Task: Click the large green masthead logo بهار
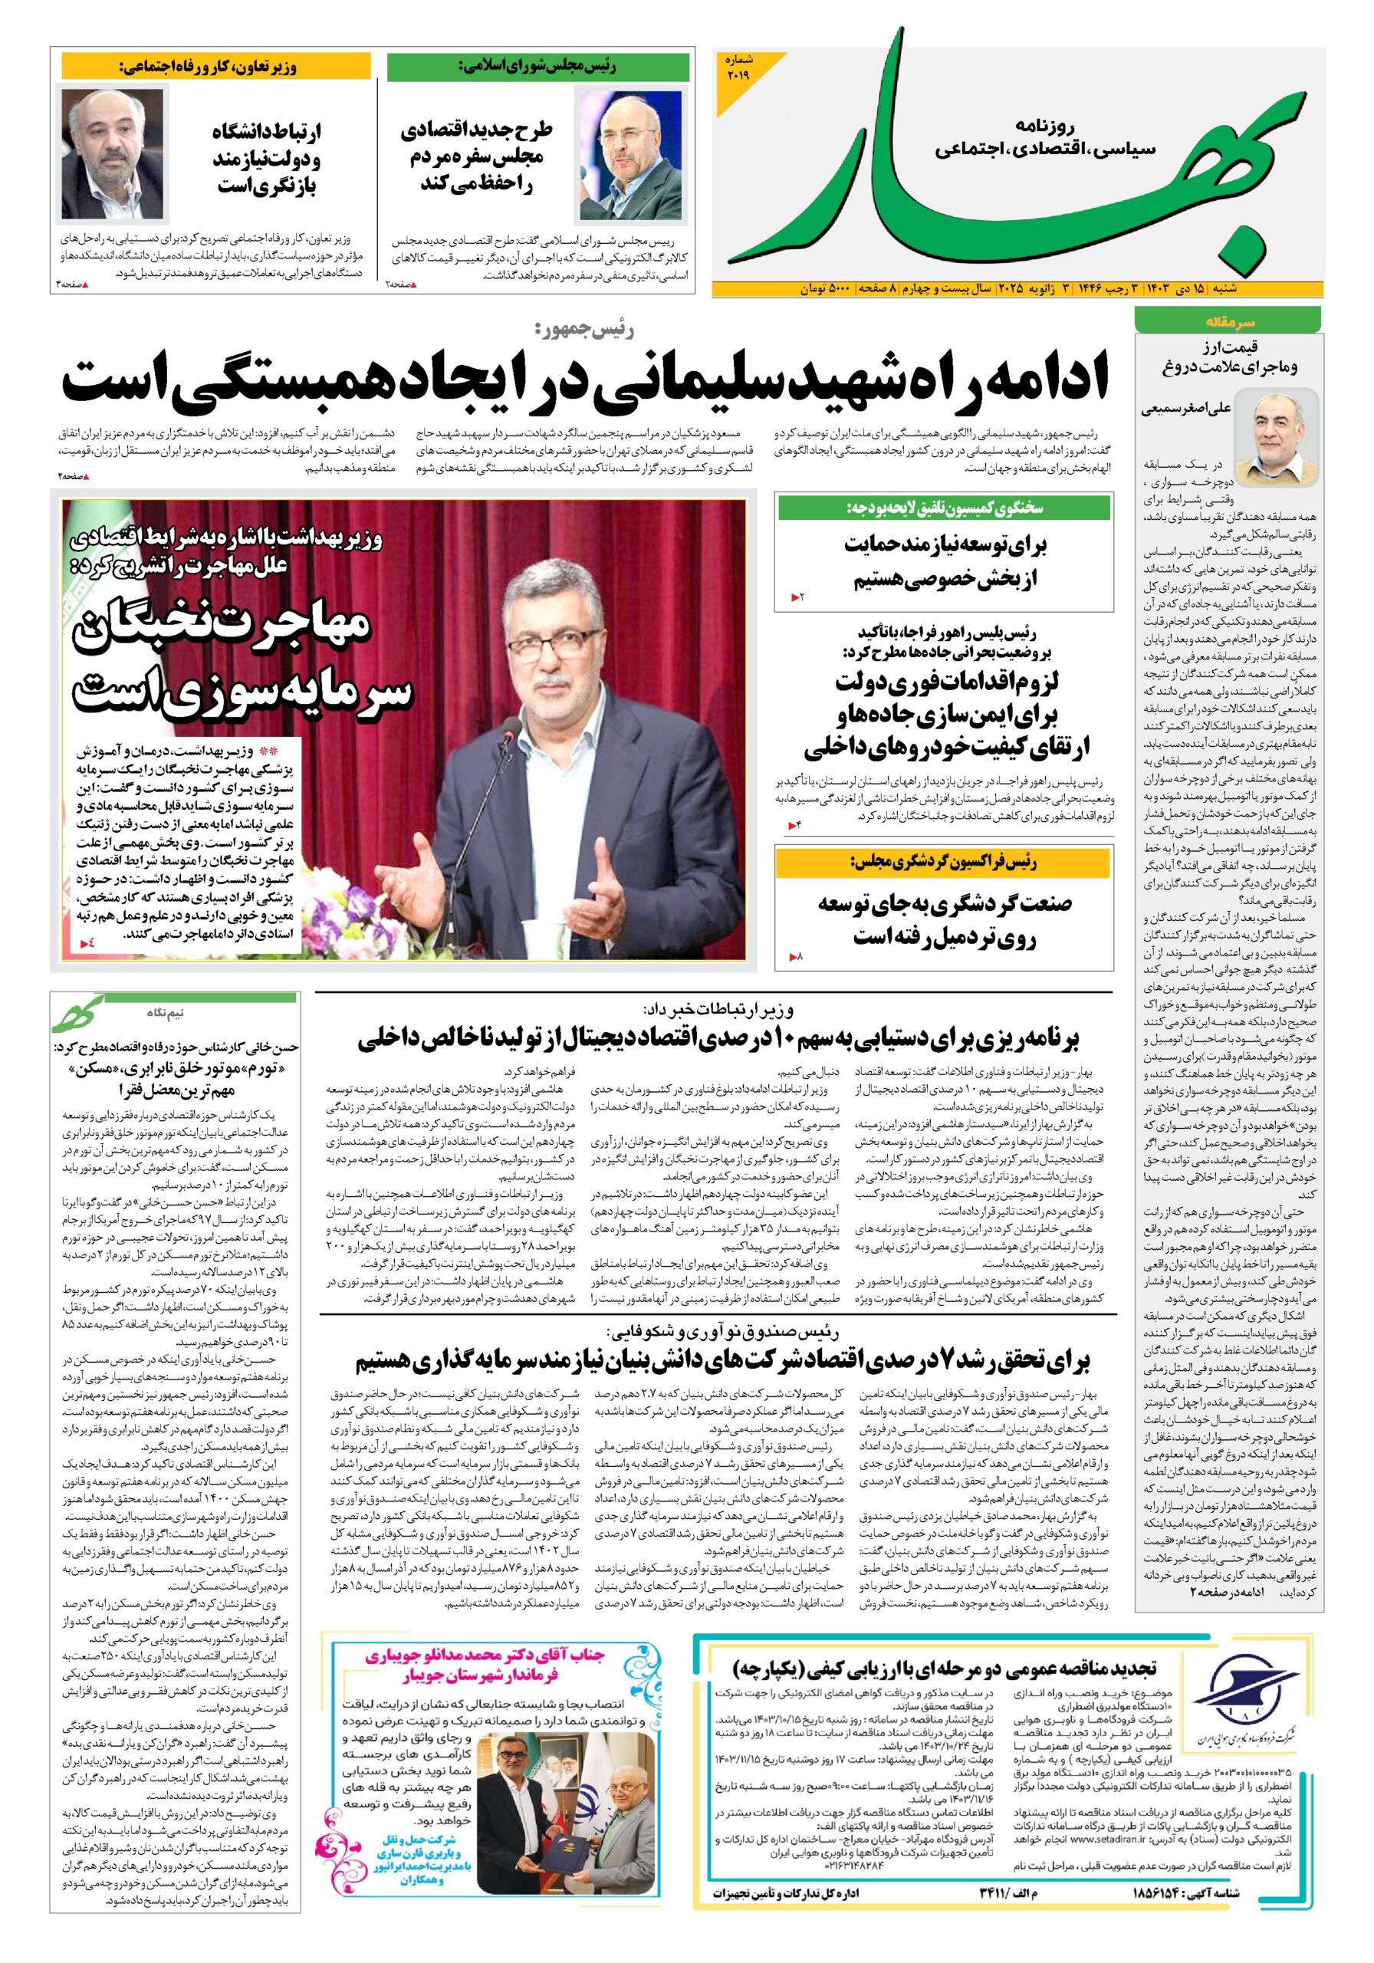[1009, 163]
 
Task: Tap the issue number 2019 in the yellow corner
[737, 68]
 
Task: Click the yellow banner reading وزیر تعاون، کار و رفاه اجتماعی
[215, 67]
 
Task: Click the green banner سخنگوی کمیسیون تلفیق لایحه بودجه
[943, 508]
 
